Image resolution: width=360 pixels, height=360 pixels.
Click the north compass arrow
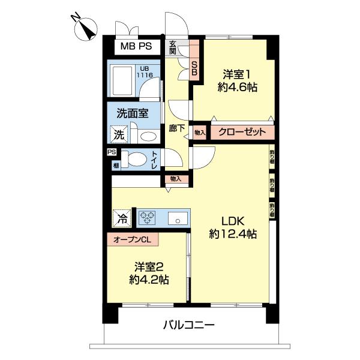pos(88,30)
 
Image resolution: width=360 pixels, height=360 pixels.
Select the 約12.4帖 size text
pos(233,234)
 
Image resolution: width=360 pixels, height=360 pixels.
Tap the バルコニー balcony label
pos(188,326)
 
